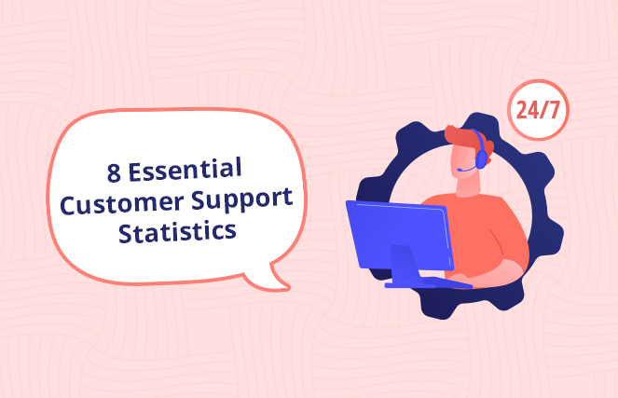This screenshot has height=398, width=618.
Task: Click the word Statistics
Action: (x=176, y=230)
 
